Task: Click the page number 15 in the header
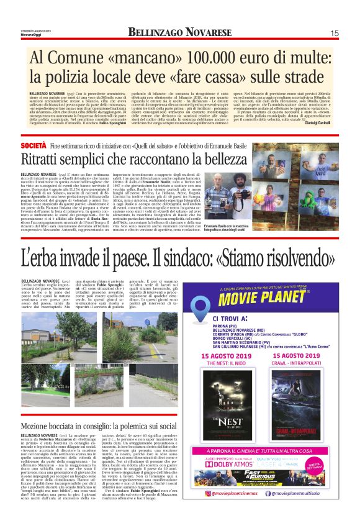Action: tap(334, 33)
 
